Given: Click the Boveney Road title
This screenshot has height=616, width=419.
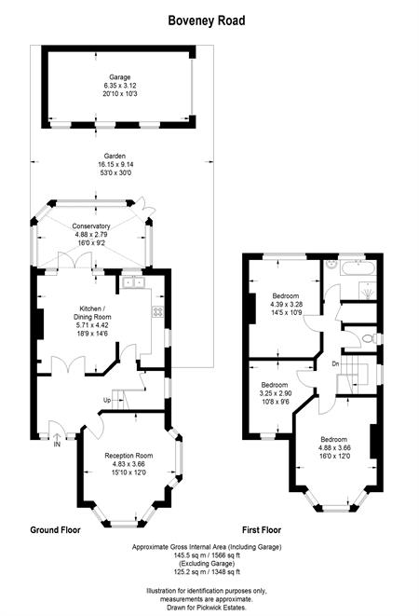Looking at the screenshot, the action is tap(207, 21).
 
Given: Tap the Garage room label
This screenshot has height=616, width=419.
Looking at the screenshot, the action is tap(120, 77).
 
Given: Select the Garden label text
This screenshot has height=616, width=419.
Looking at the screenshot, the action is tap(115, 156).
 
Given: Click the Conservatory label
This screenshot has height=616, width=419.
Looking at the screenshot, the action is tap(91, 226).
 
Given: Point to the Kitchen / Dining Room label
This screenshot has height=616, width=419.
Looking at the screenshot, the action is tap(92, 313).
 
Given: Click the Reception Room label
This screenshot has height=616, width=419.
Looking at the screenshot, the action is tap(128, 456).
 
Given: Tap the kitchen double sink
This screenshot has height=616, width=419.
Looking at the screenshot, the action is tap(133, 282).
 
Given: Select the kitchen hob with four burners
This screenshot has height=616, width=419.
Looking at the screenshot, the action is tap(158, 311).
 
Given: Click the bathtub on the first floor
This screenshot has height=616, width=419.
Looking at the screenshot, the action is tap(358, 269).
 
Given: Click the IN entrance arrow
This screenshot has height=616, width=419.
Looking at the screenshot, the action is tap(57, 437).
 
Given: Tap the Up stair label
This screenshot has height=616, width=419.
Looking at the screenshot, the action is tap(107, 401).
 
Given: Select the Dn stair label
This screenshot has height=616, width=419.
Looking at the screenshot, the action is tap(335, 364).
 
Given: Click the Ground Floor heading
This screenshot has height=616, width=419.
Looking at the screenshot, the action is tap(55, 530).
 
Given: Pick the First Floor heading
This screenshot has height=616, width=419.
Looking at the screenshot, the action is tap(262, 530).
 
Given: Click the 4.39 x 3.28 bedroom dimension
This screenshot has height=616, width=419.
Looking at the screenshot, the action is tap(286, 305).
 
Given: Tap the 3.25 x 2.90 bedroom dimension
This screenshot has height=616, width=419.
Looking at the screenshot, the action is tap(276, 393).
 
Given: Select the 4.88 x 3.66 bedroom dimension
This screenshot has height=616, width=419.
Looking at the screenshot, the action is tap(334, 448).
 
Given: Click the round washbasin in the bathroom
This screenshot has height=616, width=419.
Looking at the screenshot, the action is tap(332, 264).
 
